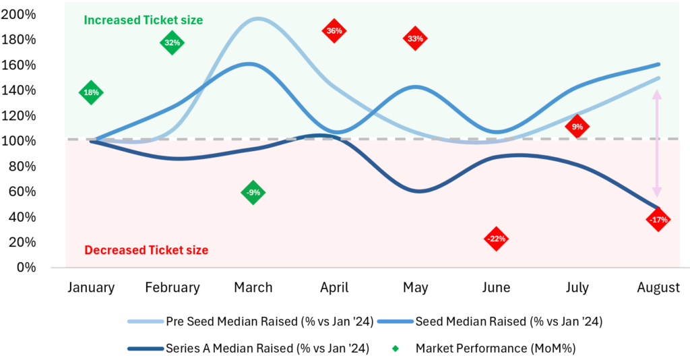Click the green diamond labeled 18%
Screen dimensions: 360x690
91,92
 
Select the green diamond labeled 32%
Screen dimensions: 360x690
172,43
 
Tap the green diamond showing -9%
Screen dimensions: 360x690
253,193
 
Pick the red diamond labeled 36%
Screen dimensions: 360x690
334,31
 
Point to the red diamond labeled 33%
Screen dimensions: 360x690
415,39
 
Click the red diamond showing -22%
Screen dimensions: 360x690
496,239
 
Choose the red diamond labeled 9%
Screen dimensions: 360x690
577,126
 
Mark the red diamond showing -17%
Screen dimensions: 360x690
658,220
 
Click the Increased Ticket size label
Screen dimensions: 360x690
143,20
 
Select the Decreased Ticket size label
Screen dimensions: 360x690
146,250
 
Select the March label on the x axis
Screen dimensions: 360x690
253,288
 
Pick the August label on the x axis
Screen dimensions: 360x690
658,288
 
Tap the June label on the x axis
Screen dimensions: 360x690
496,288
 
